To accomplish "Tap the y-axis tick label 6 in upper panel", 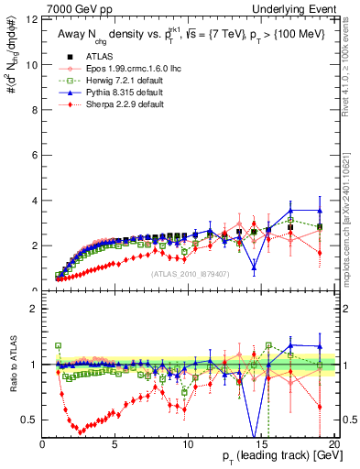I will (32, 155).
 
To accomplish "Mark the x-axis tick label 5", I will (115, 443).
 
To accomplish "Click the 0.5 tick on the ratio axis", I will (28, 420).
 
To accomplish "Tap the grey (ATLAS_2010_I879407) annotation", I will (191, 272).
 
